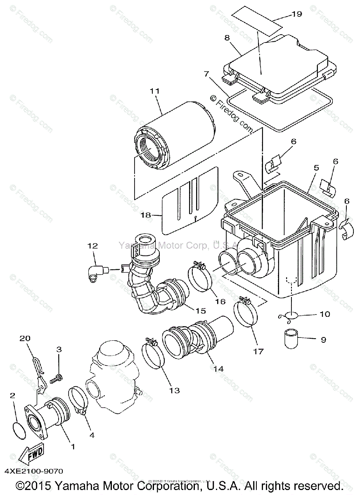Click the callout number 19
297,14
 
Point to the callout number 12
92,246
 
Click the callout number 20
26,339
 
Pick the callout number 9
323,339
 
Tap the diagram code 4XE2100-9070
34,470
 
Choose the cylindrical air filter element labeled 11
175,132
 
